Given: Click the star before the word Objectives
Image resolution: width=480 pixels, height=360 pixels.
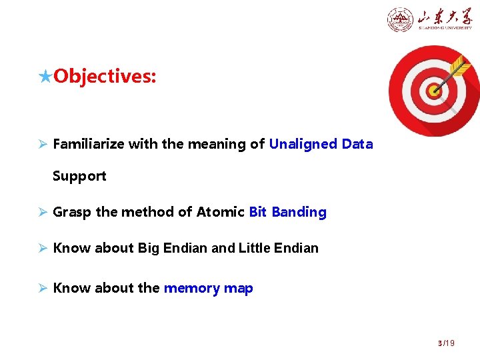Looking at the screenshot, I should pyautogui.click(x=45, y=77).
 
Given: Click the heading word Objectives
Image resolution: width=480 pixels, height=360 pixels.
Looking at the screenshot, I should pyautogui.click(x=105, y=77).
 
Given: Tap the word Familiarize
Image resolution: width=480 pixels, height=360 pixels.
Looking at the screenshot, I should pyautogui.click(x=89, y=144).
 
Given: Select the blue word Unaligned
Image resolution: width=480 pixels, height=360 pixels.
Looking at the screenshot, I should pyautogui.click(x=303, y=144).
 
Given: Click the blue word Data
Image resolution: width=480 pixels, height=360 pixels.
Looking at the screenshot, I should pyautogui.click(x=357, y=144).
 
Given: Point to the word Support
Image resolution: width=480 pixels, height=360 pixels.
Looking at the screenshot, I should pyautogui.click(x=79, y=176).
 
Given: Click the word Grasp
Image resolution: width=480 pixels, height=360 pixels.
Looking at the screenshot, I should pyautogui.click(x=72, y=212).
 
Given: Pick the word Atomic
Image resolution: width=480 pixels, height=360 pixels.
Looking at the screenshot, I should pyautogui.click(x=221, y=212).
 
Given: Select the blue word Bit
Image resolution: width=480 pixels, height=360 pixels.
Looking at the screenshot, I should pyautogui.click(x=257, y=212).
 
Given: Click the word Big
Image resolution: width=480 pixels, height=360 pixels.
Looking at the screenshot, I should pyautogui.click(x=149, y=248).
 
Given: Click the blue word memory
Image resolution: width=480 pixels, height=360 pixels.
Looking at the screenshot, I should pyautogui.click(x=191, y=288).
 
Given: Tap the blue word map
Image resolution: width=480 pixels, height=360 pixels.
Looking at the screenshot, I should pyautogui.click(x=238, y=288).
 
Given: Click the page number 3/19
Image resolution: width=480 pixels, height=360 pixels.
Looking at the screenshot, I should pyautogui.click(x=445, y=343).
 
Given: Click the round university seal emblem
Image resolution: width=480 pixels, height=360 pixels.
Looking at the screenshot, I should pyautogui.click(x=400, y=19).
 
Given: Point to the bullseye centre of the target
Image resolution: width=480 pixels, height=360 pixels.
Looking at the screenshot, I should pyautogui.click(x=434, y=89).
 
